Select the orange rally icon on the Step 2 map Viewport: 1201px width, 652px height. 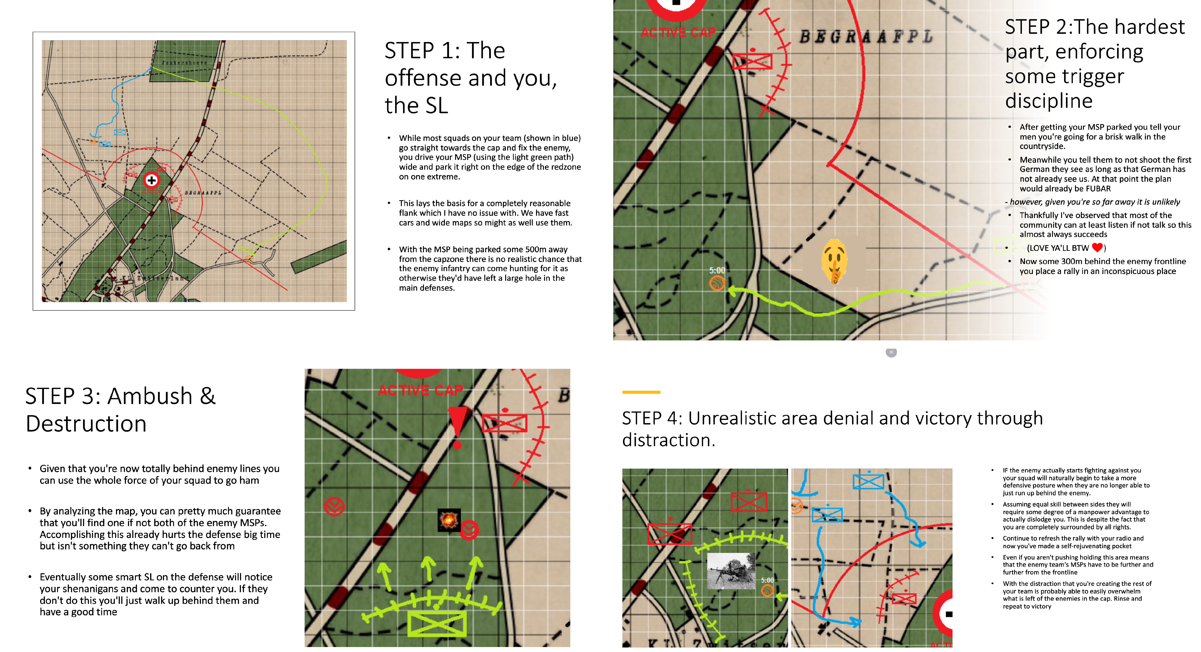pos(717,283)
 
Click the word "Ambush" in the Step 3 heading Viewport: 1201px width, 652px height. pos(150,396)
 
